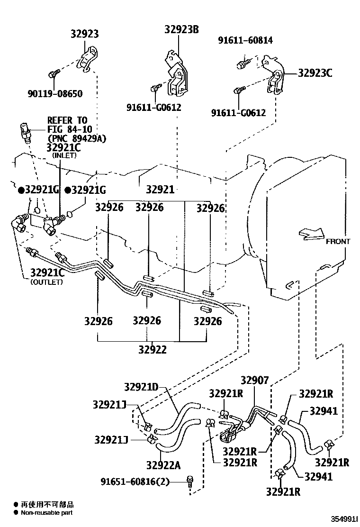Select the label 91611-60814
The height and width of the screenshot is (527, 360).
(x=245, y=41)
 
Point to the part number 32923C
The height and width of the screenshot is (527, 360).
(x=315, y=73)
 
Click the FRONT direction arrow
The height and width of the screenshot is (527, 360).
(x=311, y=233)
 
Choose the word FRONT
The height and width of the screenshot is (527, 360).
(x=338, y=241)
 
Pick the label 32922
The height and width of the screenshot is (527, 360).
(x=153, y=350)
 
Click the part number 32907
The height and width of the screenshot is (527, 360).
(x=254, y=380)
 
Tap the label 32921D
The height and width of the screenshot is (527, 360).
(x=141, y=387)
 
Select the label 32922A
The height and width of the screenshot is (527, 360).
(x=163, y=465)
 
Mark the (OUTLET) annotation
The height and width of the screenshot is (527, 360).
(x=46, y=282)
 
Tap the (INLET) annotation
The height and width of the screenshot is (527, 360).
(x=64, y=155)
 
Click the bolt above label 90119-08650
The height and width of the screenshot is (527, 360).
(x=54, y=73)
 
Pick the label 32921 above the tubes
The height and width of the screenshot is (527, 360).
(x=160, y=190)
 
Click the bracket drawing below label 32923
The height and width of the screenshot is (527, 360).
(x=89, y=59)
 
